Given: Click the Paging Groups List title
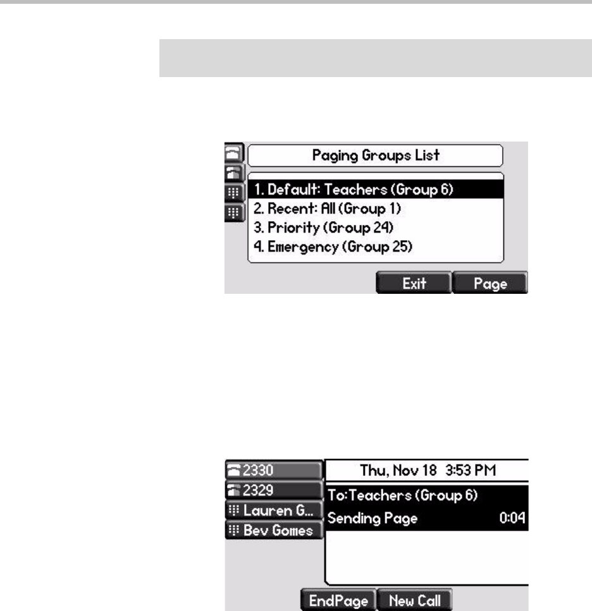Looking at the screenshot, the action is click(375, 155).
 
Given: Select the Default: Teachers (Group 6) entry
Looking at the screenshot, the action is click(351, 189).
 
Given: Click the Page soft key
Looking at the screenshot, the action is click(490, 284).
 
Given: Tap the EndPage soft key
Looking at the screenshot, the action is click(340, 599).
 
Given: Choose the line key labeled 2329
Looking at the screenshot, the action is click(273, 490).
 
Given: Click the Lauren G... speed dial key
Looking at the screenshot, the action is click(273, 510).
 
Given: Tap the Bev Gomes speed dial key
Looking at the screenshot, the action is click(273, 530).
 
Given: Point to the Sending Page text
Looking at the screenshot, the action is click(373, 519).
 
